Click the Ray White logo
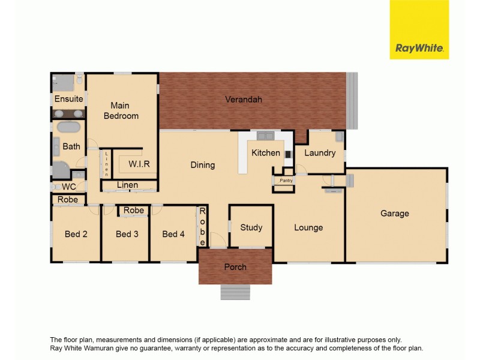419,29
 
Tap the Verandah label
244,100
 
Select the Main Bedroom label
121,111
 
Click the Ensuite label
68,98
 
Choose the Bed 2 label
76,234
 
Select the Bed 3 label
127,234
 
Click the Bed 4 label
173,234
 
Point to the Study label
251,227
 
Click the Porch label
235,267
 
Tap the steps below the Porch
235,292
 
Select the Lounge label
308,227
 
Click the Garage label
395,213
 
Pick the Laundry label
320,152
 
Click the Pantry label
286,180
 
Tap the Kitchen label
266,152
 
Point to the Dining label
203,164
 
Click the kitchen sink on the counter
265,136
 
